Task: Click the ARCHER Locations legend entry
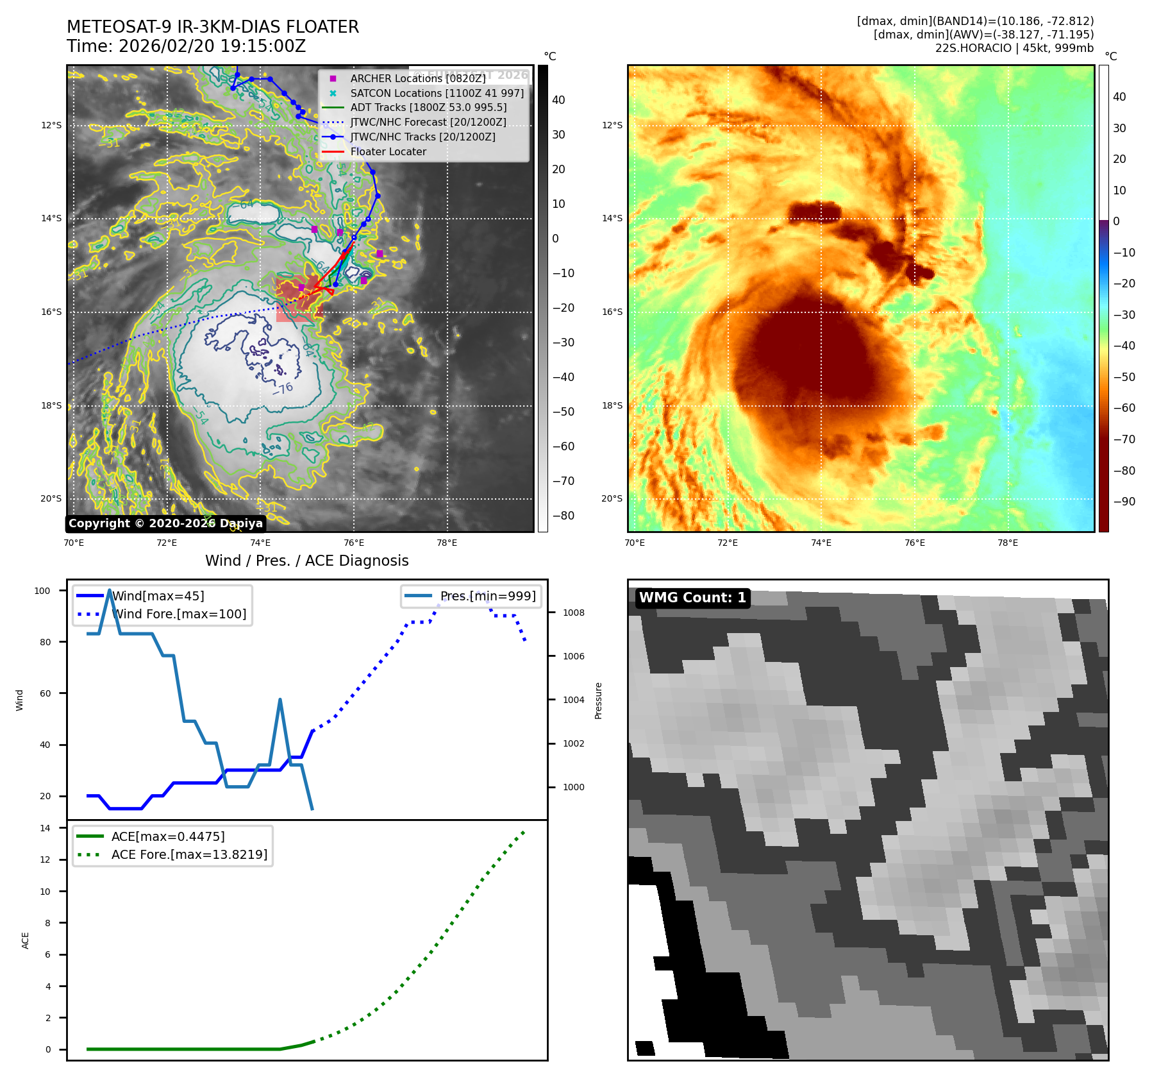click(417, 78)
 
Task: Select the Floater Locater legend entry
click(388, 151)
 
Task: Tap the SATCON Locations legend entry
click(437, 93)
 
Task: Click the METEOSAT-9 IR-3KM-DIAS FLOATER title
click(213, 27)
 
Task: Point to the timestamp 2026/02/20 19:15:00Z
click(212, 46)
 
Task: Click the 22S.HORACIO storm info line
click(1014, 48)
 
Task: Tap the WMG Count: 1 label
click(692, 598)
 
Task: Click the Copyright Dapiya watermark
click(165, 523)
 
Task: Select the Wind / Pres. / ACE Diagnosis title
click(306, 561)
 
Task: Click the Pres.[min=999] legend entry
click(487, 596)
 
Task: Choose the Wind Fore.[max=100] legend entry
click(179, 614)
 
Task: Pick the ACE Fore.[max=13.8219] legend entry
click(189, 854)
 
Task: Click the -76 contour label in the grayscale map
click(283, 388)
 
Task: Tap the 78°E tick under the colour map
click(1008, 543)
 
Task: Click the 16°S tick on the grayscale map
click(51, 312)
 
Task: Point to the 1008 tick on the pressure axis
click(574, 613)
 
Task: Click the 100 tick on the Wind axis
click(42, 591)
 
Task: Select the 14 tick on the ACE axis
click(45, 828)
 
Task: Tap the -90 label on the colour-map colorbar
click(1124, 502)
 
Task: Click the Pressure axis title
click(598, 700)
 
